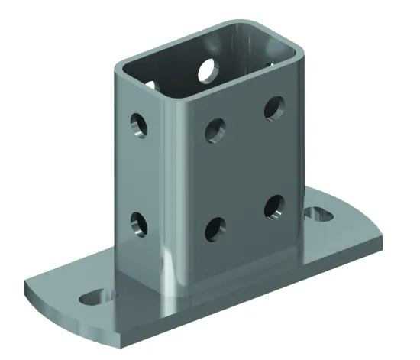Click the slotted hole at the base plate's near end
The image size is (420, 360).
pyautogui.click(x=97, y=295)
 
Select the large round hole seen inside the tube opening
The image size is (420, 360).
pyautogui.click(x=208, y=70)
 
